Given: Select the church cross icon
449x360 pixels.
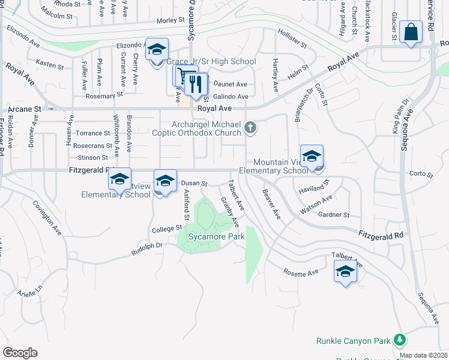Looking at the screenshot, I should tap(251, 127).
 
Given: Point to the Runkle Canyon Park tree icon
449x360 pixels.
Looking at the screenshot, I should tap(400, 340).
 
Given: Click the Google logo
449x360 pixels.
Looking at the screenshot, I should tap(20, 353).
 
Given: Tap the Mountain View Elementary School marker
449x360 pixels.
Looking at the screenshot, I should tap(312, 157).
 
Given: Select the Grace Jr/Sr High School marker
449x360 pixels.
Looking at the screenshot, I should tap(157, 50).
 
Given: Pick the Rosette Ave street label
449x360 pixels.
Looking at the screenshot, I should tap(301, 272).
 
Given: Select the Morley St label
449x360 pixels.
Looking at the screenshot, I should tap(170, 20).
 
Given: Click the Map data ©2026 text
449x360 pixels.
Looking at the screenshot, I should tap(423, 355).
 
